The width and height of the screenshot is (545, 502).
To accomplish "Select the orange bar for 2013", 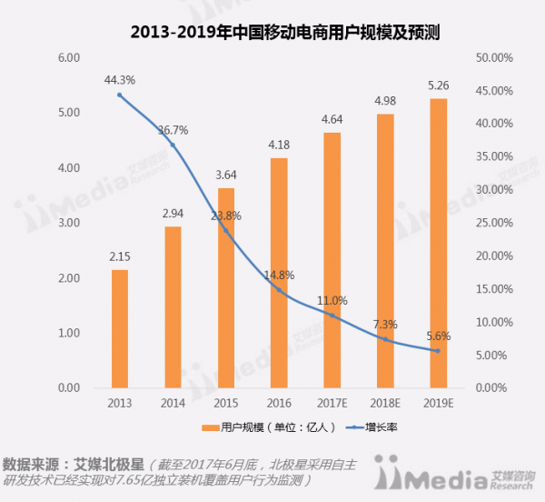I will tap(120, 328).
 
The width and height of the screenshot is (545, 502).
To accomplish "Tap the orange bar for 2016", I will tap(279, 273).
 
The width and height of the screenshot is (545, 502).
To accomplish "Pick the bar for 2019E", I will tap(438, 243).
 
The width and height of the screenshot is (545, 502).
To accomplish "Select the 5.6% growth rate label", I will tap(438, 335).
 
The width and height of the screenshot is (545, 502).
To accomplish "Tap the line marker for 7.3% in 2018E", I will tap(385, 339).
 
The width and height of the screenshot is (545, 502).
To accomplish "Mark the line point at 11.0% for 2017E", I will tap(332, 316).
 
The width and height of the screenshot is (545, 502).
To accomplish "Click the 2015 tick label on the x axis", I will tap(225, 403).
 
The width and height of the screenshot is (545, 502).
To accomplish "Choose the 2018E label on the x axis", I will tap(385, 403).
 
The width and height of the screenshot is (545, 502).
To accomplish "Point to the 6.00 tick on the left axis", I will tap(70, 57).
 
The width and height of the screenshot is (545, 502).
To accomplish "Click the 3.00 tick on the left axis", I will tap(70, 223).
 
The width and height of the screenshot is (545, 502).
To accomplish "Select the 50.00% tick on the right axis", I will tap(495, 57).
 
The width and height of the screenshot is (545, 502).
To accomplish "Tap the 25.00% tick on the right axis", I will tap(495, 223).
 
